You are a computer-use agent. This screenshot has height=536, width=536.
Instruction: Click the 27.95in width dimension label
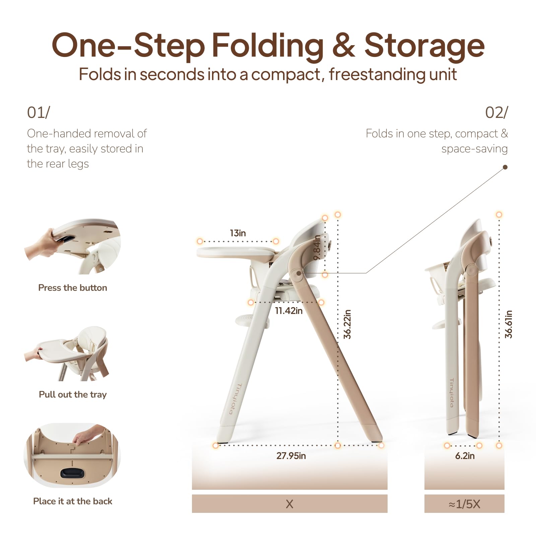pos(291,456)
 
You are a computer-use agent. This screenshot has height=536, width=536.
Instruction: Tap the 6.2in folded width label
pos(465,456)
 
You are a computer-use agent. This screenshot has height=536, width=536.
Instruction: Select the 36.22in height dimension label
pos(347,324)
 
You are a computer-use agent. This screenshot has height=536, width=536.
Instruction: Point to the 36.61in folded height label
pos(509,324)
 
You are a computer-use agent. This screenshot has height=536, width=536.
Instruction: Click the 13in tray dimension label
pos(238,233)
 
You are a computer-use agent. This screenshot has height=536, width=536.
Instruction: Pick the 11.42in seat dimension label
pos(288,311)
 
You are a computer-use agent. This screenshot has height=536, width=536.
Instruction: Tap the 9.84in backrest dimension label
pos(317,248)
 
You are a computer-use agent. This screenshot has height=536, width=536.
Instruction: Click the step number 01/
pos(39,113)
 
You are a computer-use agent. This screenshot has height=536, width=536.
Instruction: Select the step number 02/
pos(496,113)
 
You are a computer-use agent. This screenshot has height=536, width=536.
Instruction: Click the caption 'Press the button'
pos(73,288)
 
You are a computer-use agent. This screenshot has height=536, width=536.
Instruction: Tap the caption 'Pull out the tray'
pos(73,395)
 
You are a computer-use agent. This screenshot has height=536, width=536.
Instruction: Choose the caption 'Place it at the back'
pos(73,501)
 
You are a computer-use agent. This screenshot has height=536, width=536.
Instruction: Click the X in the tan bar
pos(290,504)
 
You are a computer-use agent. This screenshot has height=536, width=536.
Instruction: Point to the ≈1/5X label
pos(464,504)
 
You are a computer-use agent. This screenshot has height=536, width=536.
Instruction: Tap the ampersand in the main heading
pos(343,46)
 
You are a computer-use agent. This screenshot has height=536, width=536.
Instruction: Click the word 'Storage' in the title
pos(424,47)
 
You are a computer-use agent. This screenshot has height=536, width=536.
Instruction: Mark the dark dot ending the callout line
pos(505,167)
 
